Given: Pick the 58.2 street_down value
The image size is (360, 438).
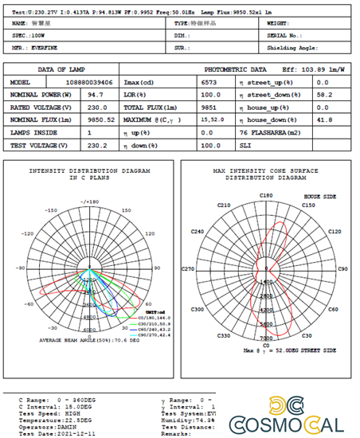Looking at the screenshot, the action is (323, 94).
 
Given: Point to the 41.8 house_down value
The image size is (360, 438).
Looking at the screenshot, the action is (323, 119).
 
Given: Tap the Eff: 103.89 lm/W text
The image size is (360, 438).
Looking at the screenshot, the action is (317, 70).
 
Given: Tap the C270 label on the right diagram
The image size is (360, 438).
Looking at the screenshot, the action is (189, 269).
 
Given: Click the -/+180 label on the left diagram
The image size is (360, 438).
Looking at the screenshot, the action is (89, 202).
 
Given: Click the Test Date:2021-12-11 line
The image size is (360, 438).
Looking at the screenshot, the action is (49, 433).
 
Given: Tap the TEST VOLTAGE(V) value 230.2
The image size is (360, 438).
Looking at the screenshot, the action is (97, 145).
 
